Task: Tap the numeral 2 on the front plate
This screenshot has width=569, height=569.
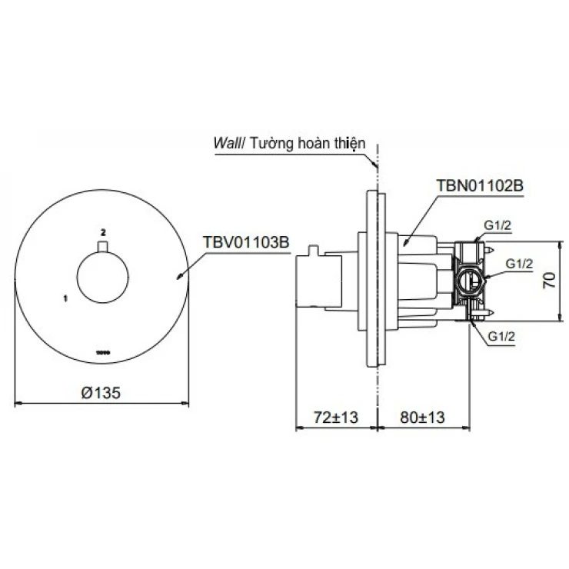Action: pos(103,231)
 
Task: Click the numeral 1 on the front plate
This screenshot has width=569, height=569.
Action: pos(66,295)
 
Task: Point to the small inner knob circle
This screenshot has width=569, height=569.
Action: pos(103,279)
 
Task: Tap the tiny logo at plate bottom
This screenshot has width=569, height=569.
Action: pos(103,352)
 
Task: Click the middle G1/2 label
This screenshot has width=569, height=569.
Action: pos(520,263)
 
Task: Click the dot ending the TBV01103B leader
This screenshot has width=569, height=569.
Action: pos(181,276)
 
